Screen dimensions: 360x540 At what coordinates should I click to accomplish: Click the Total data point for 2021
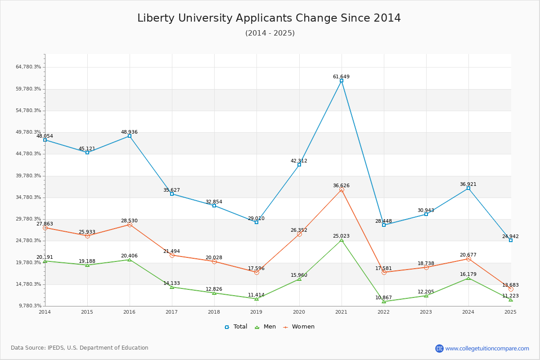click(x=342, y=81)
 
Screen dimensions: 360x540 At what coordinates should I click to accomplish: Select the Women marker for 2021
click(x=342, y=190)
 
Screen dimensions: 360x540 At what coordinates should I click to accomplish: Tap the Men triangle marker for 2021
click(x=342, y=240)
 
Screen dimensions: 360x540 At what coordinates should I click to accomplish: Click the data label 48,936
click(x=129, y=132)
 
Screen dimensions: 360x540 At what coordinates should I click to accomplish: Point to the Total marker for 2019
click(x=256, y=222)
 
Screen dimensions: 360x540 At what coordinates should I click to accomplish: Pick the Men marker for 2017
click(x=172, y=287)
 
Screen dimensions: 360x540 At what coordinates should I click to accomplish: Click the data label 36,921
click(x=468, y=184)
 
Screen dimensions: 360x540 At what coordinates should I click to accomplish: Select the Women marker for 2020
click(x=299, y=234)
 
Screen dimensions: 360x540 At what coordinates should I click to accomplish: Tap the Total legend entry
click(x=236, y=327)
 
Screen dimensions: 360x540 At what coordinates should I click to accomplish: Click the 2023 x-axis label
click(x=426, y=312)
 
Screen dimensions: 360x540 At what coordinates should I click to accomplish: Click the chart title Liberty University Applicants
click(x=269, y=18)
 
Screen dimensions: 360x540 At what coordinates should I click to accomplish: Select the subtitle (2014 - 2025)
click(x=270, y=33)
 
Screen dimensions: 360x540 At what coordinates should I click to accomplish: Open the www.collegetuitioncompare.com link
click(x=487, y=348)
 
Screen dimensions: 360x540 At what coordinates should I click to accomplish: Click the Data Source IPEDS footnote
click(x=80, y=348)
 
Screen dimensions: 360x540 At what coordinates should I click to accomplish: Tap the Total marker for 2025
click(x=511, y=240)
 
